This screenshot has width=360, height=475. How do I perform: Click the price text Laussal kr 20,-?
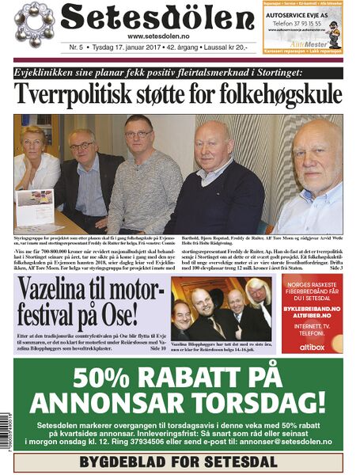click(x=236, y=47)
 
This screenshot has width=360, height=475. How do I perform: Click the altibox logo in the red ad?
click(x=312, y=346)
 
